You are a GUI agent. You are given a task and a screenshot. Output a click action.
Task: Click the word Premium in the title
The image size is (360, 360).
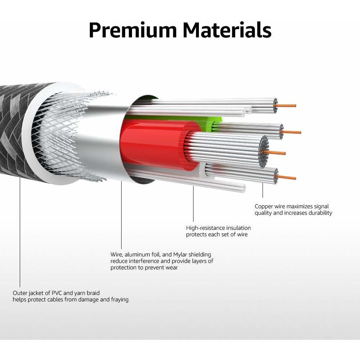(x=133, y=30)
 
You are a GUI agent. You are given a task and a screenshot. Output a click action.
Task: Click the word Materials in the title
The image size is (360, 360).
(x=227, y=30)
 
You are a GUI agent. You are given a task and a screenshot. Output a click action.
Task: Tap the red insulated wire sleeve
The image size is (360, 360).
(x=156, y=145)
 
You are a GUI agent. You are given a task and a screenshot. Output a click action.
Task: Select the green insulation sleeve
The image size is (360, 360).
(x=214, y=122)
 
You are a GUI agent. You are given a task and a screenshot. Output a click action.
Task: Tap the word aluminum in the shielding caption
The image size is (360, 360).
(x=137, y=254)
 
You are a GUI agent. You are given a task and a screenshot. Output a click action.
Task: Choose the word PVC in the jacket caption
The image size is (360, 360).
(x=57, y=293)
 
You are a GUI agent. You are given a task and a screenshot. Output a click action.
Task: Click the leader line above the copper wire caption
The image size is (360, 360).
(x=263, y=190)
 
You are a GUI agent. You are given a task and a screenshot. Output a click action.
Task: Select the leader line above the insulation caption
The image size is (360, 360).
(x=193, y=204)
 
